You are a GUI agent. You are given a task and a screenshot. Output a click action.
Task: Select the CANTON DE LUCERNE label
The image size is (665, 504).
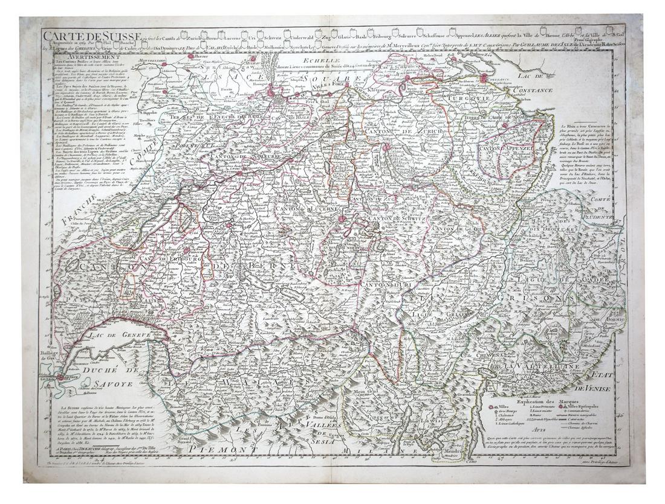301,208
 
